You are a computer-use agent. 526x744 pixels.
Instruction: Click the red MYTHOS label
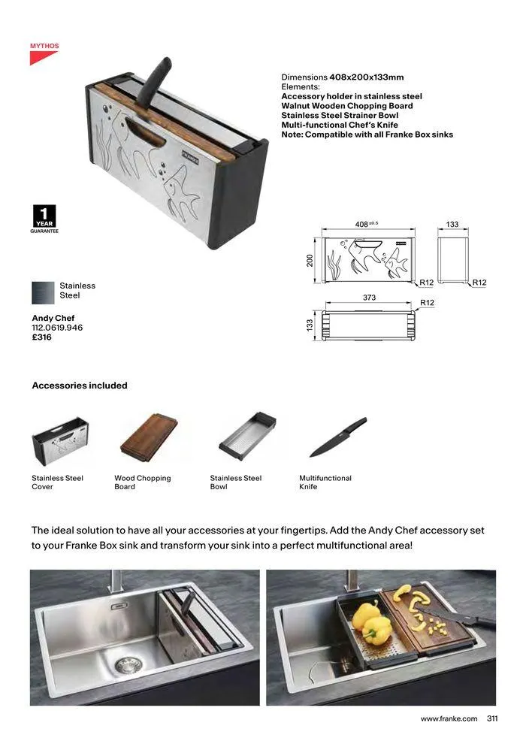click(44, 47)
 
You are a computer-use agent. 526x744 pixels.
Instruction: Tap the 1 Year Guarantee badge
click(44, 219)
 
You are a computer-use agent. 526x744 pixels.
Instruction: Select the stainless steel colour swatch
click(43, 291)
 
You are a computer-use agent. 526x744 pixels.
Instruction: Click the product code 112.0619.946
click(57, 328)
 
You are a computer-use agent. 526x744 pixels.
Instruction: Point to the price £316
click(41, 338)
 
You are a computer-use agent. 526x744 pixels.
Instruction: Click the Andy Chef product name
click(53, 319)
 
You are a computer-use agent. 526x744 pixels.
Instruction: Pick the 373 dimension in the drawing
click(369, 298)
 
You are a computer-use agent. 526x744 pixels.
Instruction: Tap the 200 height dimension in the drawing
click(310, 260)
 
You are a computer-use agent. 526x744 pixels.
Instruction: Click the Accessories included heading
click(80, 386)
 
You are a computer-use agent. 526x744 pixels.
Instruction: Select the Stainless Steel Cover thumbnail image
click(59, 441)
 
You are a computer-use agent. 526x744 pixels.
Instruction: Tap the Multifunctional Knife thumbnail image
click(338, 437)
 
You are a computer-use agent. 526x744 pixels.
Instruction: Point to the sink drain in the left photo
click(127, 664)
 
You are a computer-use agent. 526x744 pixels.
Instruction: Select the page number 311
click(492, 718)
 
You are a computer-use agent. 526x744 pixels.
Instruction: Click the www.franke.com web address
click(449, 718)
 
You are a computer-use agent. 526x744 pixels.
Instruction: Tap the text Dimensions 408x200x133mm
click(343, 77)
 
